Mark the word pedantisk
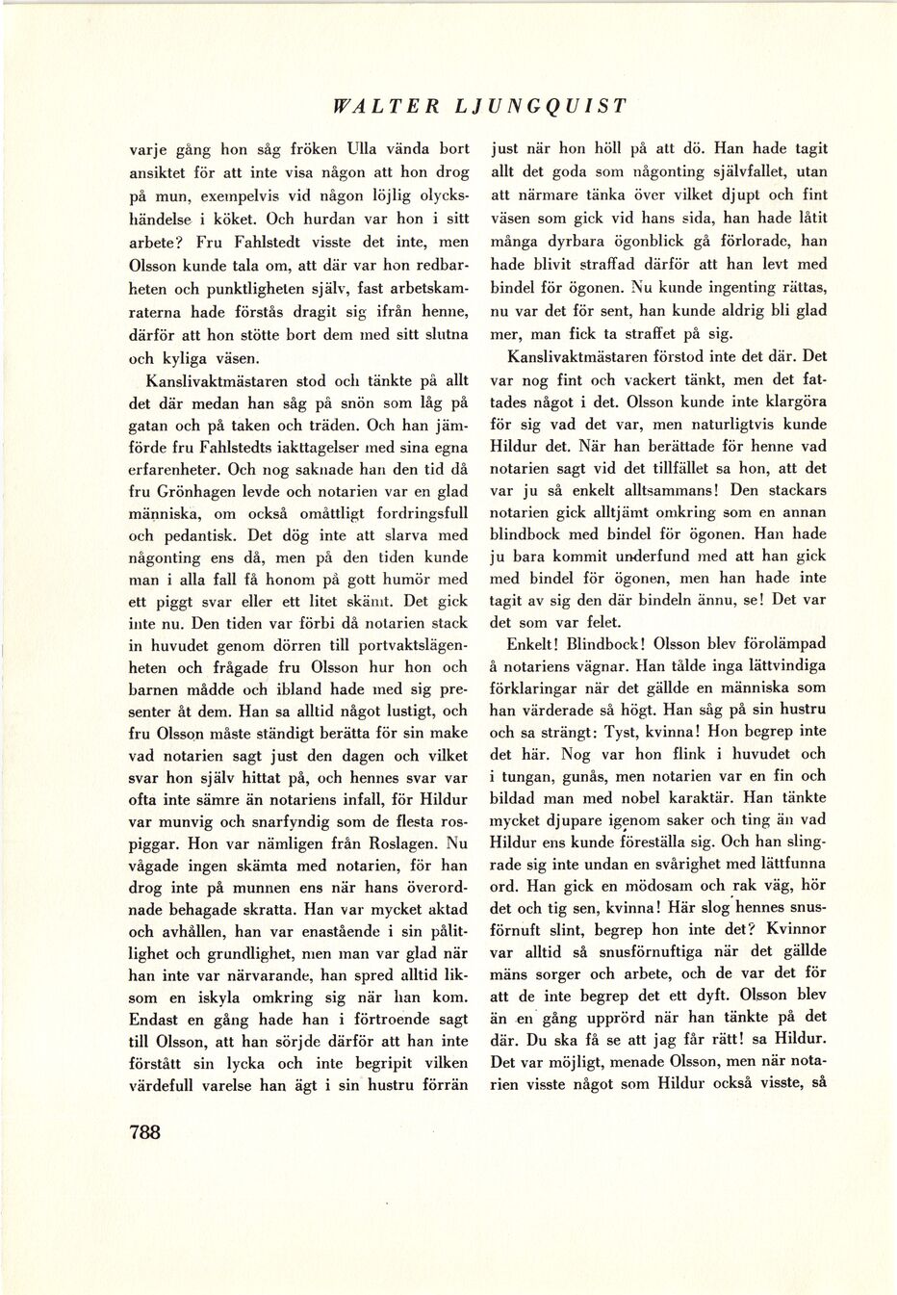click(194, 536)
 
